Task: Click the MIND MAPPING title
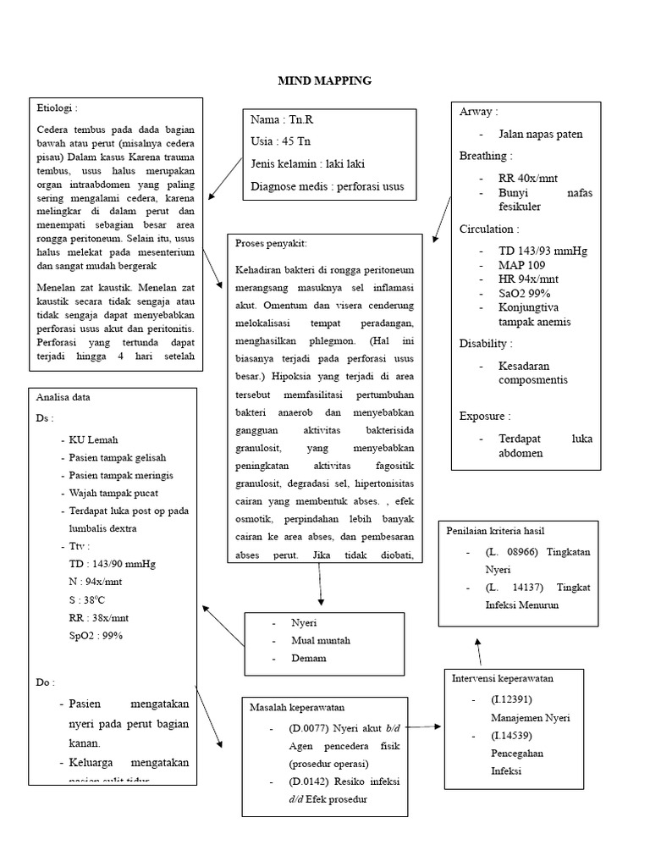tap(325, 81)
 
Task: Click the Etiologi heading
tap(58, 108)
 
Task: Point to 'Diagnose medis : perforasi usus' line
tap(328, 186)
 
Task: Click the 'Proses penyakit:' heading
tap(272, 244)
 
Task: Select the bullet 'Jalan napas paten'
tap(541, 134)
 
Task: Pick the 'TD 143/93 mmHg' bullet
tap(543, 251)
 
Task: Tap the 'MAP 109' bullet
tap(521, 265)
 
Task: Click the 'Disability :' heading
tap(486, 344)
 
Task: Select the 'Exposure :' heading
tap(486, 416)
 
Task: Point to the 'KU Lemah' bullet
tap(94, 440)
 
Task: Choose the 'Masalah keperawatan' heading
tap(296, 707)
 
